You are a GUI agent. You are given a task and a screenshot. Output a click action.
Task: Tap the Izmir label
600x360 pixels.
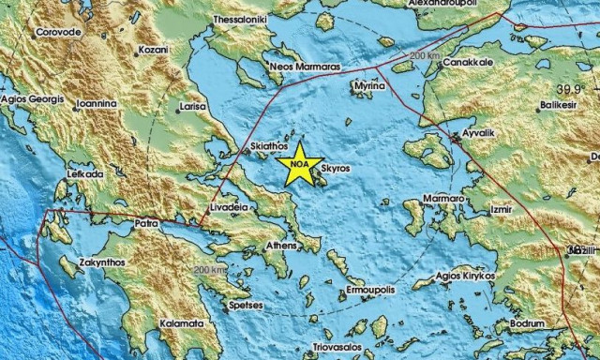[499, 200]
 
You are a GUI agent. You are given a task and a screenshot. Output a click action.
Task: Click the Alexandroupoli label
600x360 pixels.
[450, 4]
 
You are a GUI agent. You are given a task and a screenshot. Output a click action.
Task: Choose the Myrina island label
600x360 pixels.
[368, 85]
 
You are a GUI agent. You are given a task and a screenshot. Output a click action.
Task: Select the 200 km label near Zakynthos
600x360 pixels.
[211, 270]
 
